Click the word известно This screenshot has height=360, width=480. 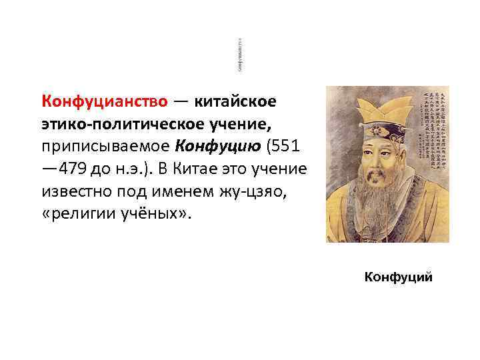(x=73, y=190)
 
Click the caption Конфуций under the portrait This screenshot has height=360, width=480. (x=398, y=276)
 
